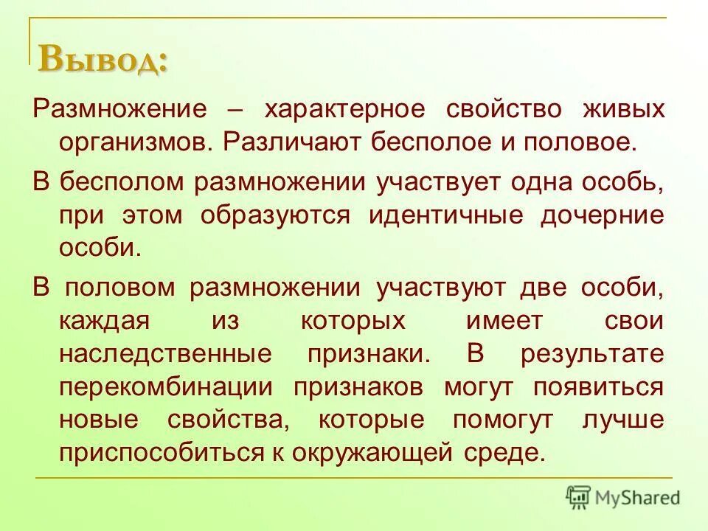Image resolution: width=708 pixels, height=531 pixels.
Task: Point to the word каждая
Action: click(x=105, y=321)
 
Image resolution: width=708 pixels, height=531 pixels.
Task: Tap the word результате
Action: click(x=592, y=353)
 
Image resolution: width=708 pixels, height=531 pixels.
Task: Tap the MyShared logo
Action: click(x=623, y=497)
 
